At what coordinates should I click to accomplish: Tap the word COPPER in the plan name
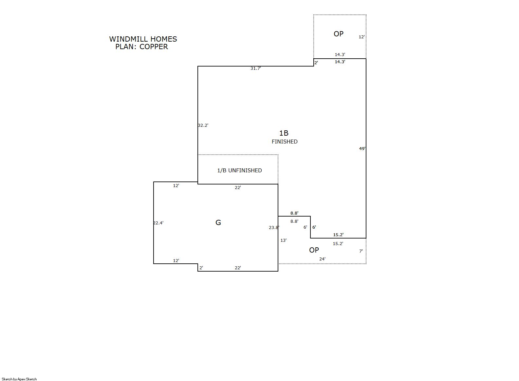click(x=154, y=47)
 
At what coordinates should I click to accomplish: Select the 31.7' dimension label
click(x=255, y=68)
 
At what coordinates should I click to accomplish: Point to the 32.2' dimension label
click(x=203, y=125)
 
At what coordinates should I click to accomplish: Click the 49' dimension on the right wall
click(x=362, y=148)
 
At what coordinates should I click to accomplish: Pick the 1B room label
click(x=284, y=133)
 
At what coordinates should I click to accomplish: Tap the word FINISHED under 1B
click(x=285, y=142)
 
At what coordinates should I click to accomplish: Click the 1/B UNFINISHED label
click(x=240, y=171)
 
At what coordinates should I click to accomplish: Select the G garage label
click(x=218, y=222)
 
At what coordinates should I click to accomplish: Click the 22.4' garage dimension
click(x=158, y=223)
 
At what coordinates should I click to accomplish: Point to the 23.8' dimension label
click(x=274, y=228)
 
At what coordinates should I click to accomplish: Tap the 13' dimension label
click(x=283, y=240)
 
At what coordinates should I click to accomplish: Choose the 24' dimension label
click(x=322, y=259)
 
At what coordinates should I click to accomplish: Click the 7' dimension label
click(x=361, y=251)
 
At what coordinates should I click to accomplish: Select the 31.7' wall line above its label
click(x=256, y=66)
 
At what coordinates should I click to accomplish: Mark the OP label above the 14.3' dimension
click(x=339, y=34)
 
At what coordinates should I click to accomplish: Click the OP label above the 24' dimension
click(x=314, y=250)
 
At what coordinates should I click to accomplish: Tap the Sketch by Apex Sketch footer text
click(x=19, y=379)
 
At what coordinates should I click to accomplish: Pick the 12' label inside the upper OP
click(x=362, y=37)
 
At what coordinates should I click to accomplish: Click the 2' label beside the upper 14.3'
click(x=316, y=63)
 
